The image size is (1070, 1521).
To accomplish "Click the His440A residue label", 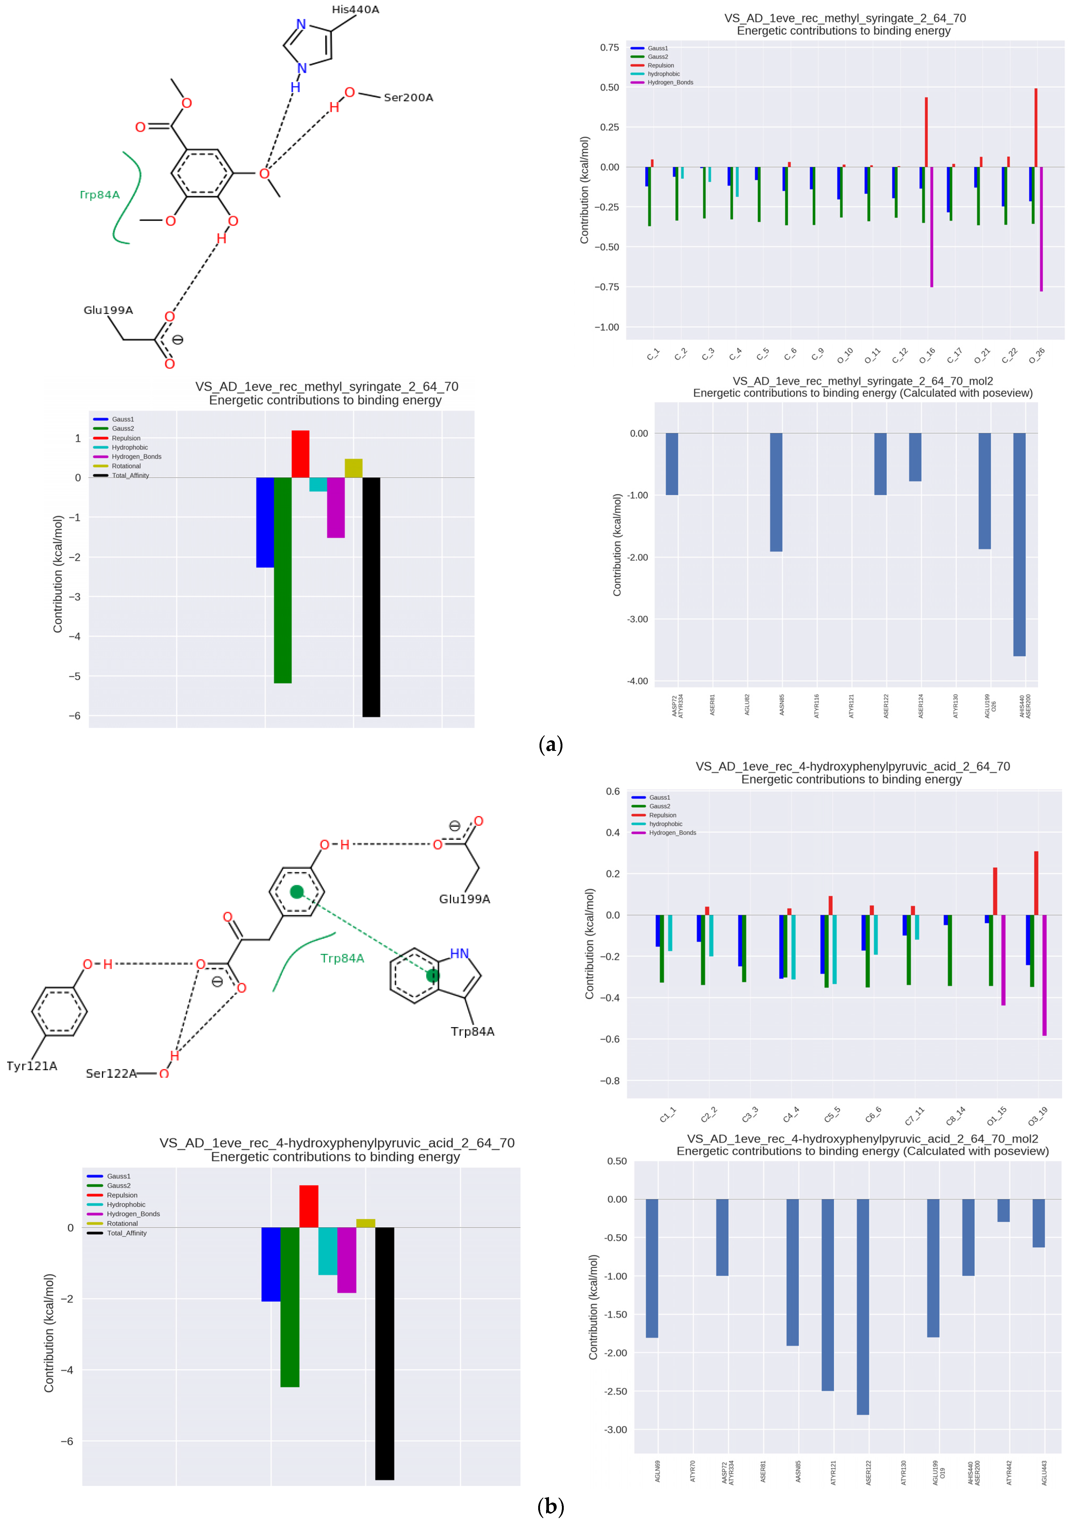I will [x=355, y=9].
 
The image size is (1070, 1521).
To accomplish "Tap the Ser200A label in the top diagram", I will [x=408, y=97].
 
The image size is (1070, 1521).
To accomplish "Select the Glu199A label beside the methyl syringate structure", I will [x=108, y=310].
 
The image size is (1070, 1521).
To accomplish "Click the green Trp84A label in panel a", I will [x=100, y=195].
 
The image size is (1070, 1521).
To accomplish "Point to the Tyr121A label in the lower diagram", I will [x=32, y=1066].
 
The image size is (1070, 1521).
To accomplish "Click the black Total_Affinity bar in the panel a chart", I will [x=371, y=596].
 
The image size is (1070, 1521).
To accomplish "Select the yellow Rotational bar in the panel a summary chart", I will [x=353, y=468].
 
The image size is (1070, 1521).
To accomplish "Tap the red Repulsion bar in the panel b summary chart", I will [x=309, y=1206].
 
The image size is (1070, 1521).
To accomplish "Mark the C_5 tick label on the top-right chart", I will [x=763, y=354].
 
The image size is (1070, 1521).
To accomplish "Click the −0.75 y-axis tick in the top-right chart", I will [x=606, y=287].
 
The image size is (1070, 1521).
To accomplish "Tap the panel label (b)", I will [x=551, y=1507].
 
